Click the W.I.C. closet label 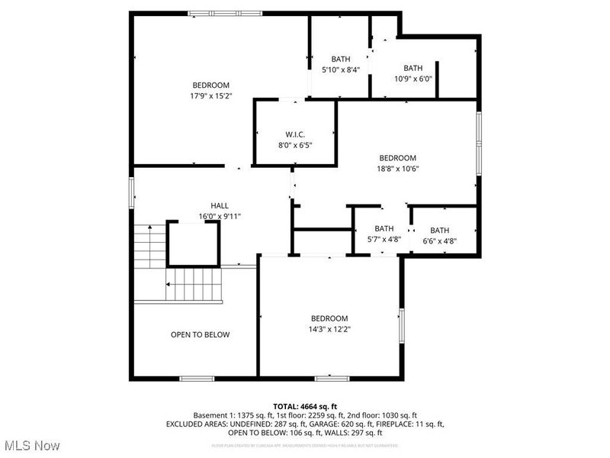pyautogui.click(x=294, y=134)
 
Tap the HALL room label pyautogui.click(x=220, y=205)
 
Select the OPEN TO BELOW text pyautogui.click(x=200, y=334)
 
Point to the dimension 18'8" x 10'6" pyautogui.click(x=398, y=169)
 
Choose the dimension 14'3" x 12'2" pyautogui.click(x=329, y=329)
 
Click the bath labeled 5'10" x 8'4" pyautogui.click(x=340, y=69)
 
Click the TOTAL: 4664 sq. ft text pyautogui.click(x=305, y=405)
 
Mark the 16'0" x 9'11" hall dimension pyautogui.click(x=220, y=216)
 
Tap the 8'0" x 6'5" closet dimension pyautogui.click(x=294, y=144)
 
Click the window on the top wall pyautogui.click(x=225, y=13)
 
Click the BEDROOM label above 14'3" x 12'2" pyautogui.click(x=329, y=318)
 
